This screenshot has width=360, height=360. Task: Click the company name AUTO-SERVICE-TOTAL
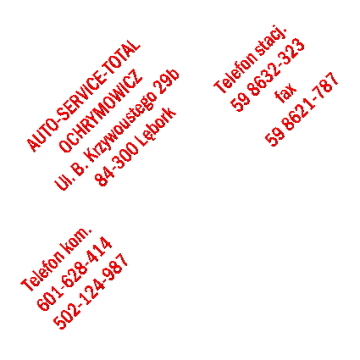(83, 96)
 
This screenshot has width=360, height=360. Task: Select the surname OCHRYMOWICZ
(101, 111)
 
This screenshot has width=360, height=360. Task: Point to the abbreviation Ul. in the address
(61, 182)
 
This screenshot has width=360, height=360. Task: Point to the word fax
(285, 93)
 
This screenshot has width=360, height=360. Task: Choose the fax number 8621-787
(311, 101)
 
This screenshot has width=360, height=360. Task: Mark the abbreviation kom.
(77, 241)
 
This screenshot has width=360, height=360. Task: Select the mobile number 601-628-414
(74, 274)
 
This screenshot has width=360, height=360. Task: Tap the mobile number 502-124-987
(91, 291)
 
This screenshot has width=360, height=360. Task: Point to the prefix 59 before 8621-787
(274, 138)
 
